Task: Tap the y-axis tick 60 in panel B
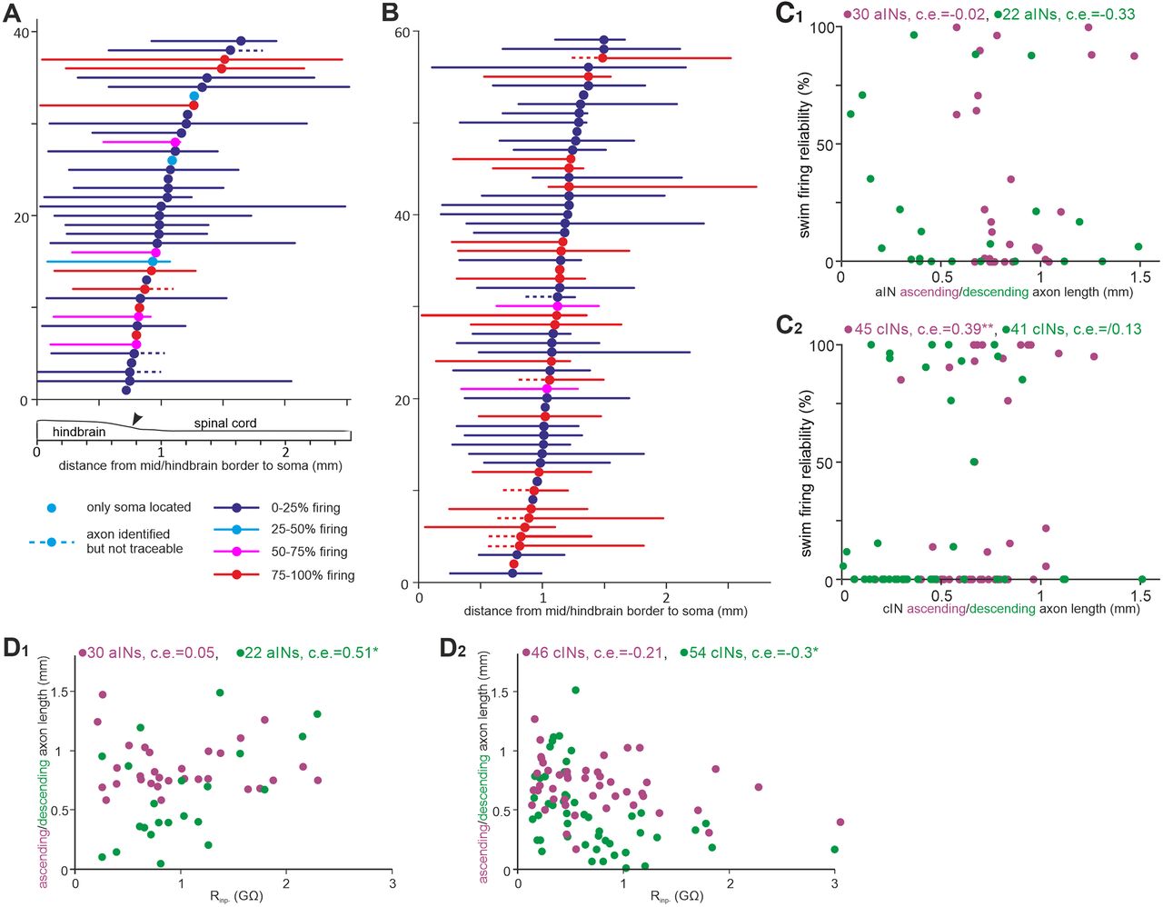400,33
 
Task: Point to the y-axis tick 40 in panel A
21,33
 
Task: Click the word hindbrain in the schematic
79,432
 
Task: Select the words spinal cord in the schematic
224,424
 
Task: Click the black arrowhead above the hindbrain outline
136,418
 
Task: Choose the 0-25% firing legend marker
235,508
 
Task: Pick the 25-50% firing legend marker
235,530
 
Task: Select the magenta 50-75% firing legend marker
235,552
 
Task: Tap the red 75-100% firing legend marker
235,574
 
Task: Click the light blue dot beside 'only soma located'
51,507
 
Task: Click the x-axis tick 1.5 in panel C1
1140,276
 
